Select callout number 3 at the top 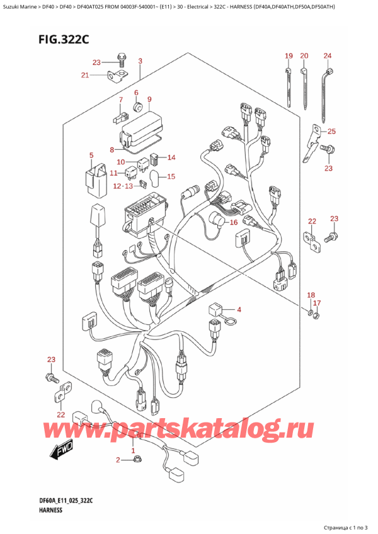pyautogui.click(x=140, y=61)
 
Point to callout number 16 pyautogui.click(x=232, y=222)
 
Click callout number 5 pyautogui.click(x=91, y=155)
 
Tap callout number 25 pyautogui.click(x=331, y=131)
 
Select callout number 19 pyautogui.click(x=288, y=57)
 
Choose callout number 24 pyautogui.click(x=328, y=57)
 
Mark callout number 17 pyautogui.click(x=318, y=304)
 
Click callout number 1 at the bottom pyautogui.click(x=132, y=451)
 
